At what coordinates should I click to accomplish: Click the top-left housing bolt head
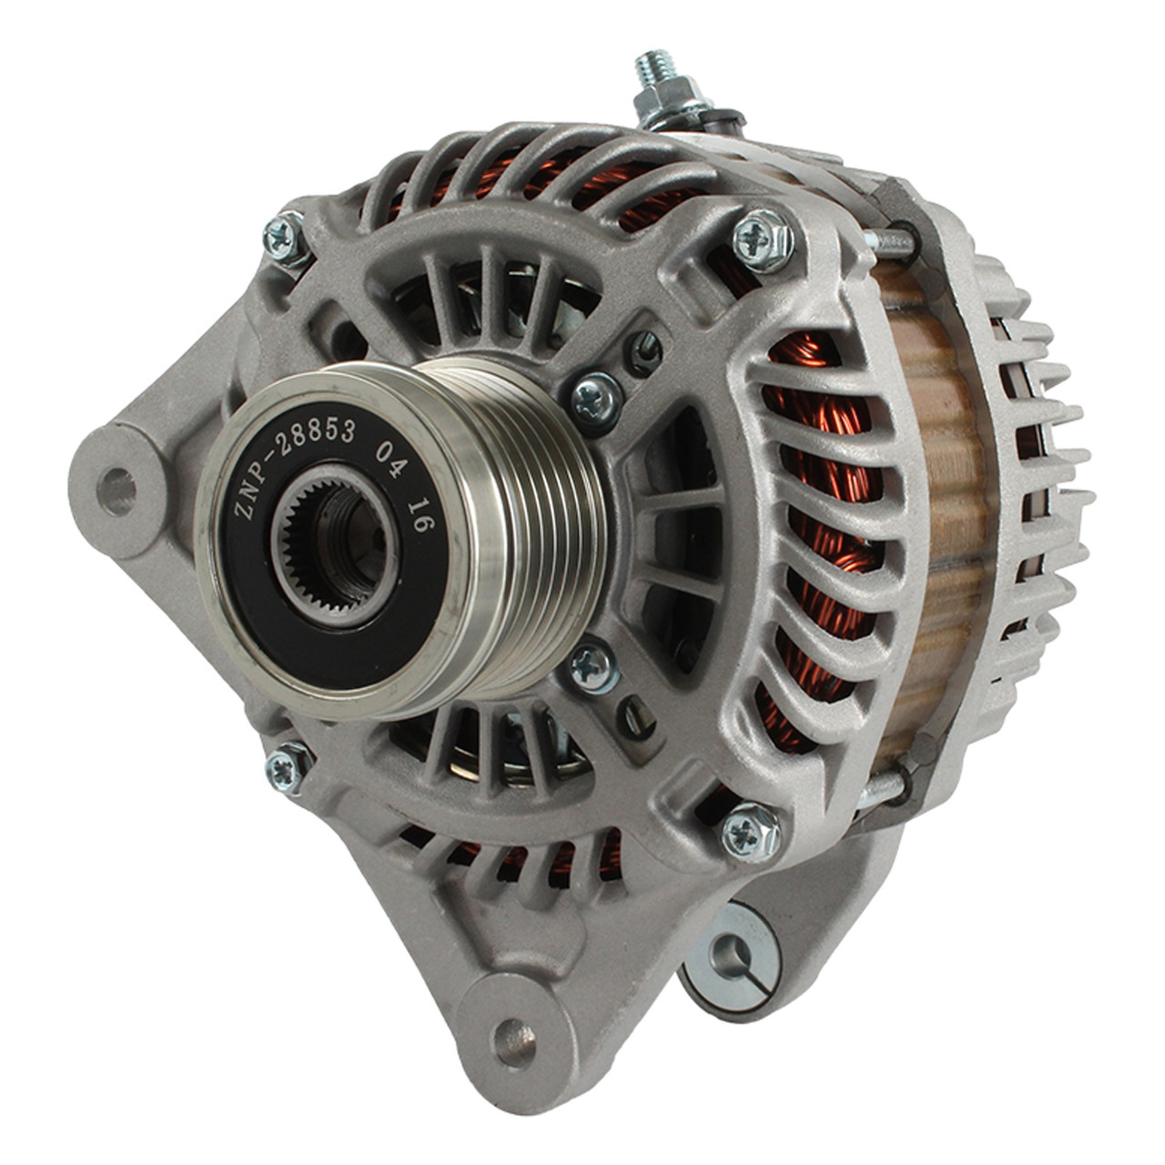click(x=284, y=240)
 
